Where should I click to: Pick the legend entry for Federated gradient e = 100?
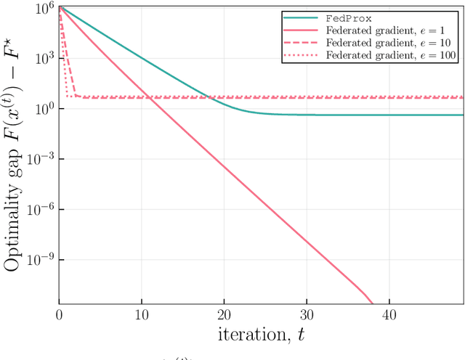(x=392, y=56)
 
